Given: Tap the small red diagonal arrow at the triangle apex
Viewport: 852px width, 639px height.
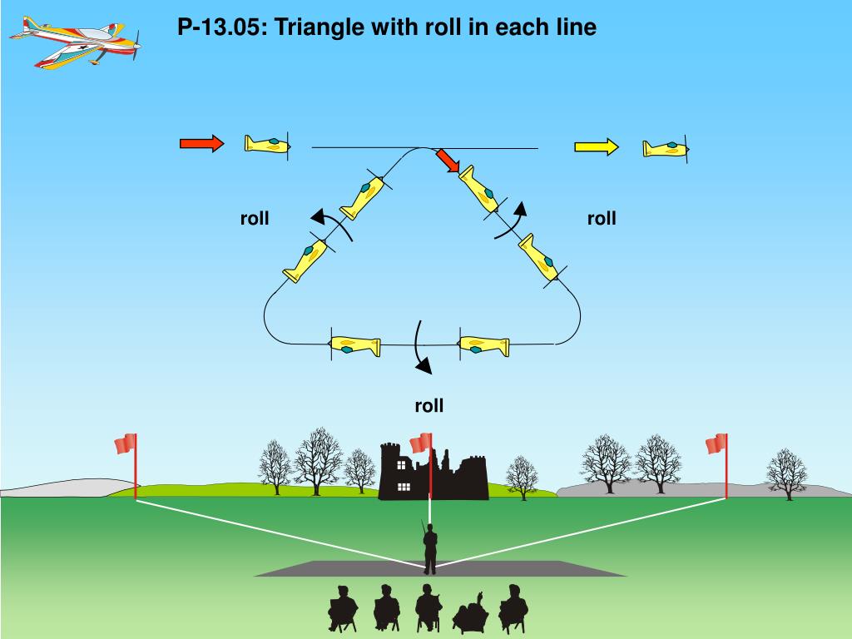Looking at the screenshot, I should (448, 161).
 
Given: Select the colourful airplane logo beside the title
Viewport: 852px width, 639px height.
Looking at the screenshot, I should (76, 42).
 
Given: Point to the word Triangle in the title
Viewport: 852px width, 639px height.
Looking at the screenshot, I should (317, 27).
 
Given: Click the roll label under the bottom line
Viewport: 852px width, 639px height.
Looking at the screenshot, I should (429, 406).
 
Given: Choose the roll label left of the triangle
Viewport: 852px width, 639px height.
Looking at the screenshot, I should (255, 219).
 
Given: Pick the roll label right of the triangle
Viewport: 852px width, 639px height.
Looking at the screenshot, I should (602, 219).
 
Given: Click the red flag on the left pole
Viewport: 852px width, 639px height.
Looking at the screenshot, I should (126, 444).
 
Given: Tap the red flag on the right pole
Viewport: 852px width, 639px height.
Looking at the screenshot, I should (716, 444).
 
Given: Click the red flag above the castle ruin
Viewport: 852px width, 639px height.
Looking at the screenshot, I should (420, 443).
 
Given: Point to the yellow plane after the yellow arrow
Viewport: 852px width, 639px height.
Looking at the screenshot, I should (666, 149).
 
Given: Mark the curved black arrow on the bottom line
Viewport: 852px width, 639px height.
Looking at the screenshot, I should (422, 345).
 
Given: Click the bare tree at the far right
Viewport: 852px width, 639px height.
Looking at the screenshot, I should (785, 473).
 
